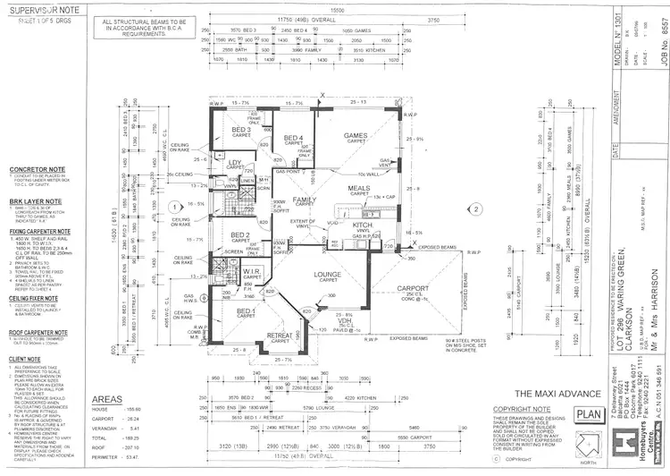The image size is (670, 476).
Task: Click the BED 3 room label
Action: [x=242, y=130]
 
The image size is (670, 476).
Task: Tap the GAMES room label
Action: [x=356, y=136]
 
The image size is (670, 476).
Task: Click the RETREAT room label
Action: [x=280, y=336]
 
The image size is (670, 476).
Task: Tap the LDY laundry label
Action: [x=237, y=162]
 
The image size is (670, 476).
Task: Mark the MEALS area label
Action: [x=359, y=188]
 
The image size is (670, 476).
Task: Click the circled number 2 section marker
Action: [x=478, y=208]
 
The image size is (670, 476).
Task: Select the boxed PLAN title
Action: [x=589, y=413]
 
